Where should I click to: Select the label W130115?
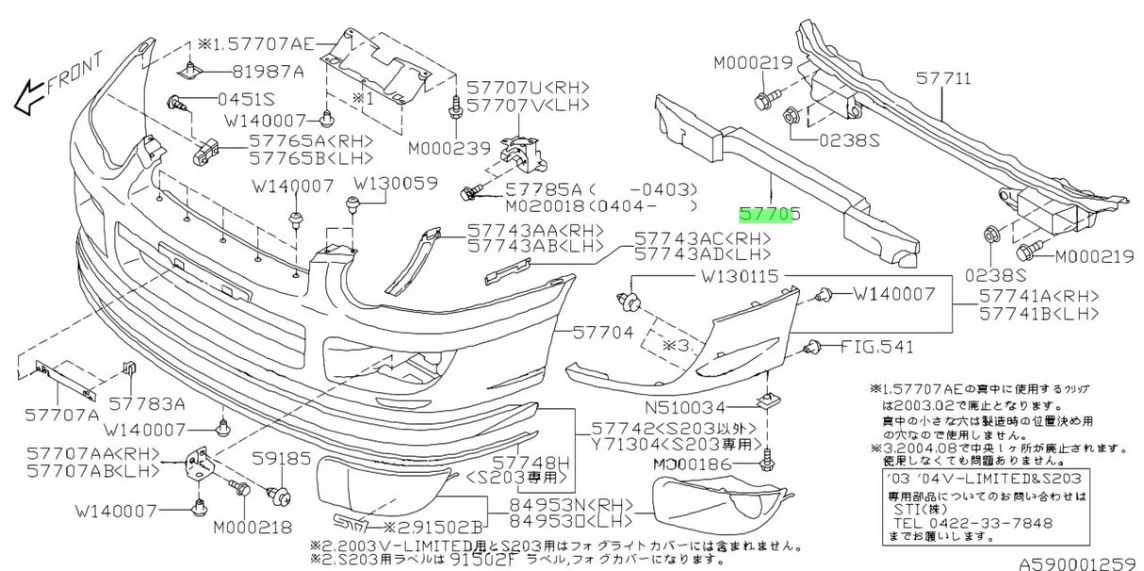[x=740, y=278]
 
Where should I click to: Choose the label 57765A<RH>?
[x=298, y=139]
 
